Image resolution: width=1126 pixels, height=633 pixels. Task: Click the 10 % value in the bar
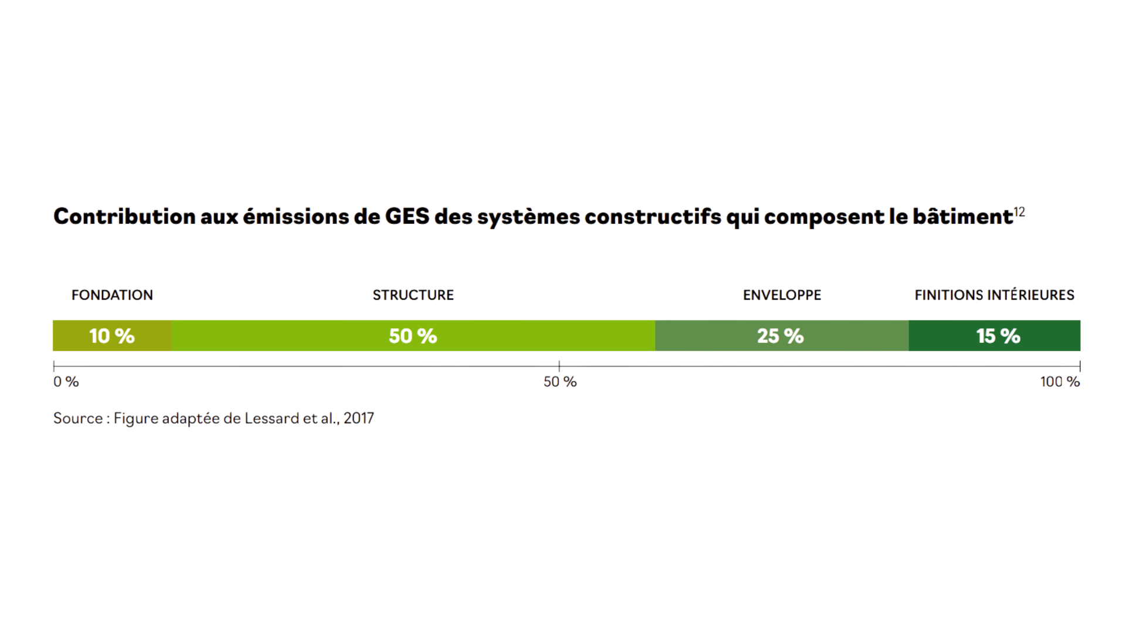tap(111, 336)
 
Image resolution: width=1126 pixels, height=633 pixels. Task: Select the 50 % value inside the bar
tap(413, 336)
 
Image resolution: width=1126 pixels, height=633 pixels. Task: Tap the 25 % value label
tap(781, 336)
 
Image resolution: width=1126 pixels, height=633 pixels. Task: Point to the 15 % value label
tap(998, 336)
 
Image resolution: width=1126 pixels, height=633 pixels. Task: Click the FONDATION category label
tap(112, 295)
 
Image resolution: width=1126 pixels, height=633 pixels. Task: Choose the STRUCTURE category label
tap(413, 295)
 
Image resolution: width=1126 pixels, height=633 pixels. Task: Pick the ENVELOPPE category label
tap(782, 295)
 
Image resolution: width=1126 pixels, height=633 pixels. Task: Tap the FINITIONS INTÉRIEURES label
tap(995, 295)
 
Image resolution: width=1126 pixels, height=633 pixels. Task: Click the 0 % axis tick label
tap(66, 382)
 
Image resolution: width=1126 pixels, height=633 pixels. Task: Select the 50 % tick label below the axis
tap(559, 382)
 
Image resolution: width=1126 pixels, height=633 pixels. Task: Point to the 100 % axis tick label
tap(1060, 382)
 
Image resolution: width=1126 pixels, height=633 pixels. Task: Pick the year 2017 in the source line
tap(358, 418)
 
